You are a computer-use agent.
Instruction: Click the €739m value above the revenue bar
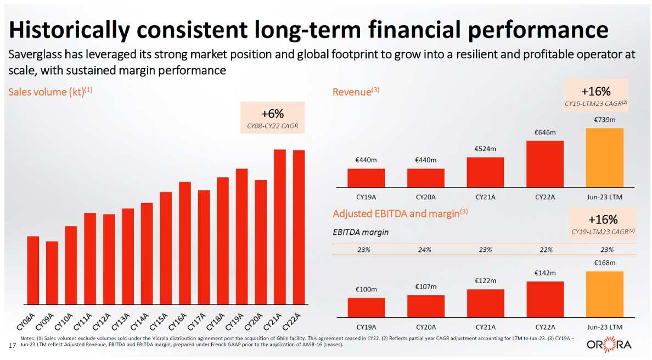604,120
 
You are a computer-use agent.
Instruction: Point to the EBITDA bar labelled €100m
366,308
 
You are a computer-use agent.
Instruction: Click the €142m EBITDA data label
545,273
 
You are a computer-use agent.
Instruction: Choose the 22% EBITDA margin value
545,250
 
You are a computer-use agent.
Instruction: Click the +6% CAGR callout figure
272,114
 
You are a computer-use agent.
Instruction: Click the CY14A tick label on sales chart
141,319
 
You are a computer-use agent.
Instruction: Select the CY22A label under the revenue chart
545,197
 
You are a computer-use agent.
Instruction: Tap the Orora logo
609,345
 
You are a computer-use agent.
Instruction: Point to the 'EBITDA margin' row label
361,232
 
